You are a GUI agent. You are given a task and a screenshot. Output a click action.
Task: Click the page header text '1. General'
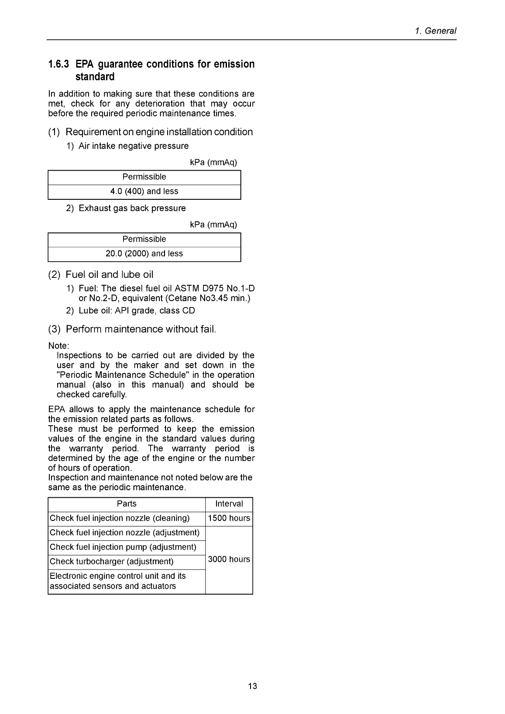click(435, 31)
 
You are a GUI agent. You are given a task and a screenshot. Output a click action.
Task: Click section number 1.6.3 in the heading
click(58, 65)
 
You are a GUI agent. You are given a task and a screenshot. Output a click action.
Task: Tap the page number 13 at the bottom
click(252, 686)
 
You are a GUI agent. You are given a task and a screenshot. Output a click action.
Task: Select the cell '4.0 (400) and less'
click(144, 191)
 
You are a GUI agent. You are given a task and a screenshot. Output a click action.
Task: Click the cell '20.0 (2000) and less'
click(144, 254)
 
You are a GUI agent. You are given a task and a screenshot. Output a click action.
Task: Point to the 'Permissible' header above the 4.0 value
click(144, 177)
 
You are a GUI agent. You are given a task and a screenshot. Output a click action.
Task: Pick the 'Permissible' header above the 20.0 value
click(144, 239)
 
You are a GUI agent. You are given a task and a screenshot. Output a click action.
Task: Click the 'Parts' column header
click(127, 504)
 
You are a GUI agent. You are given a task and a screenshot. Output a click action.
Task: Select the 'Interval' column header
click(229, 504)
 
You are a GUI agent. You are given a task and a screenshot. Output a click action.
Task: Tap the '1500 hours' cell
click(229, 519)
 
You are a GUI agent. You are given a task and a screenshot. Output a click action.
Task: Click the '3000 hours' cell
click(229, 560)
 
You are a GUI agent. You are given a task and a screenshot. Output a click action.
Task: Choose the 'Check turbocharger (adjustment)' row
click(112, 562)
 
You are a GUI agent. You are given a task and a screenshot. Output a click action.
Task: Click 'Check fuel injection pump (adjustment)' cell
click(123, 547)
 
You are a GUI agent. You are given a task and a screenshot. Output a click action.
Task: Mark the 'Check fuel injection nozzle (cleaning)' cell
click(120, 519)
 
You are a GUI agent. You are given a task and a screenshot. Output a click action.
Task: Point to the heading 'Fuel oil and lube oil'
click(109, 275)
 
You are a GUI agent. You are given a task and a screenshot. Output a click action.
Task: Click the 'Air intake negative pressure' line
click(134, 146)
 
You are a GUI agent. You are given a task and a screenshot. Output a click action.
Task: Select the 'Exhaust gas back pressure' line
click(132, 208)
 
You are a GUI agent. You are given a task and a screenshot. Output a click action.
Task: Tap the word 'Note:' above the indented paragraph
click(58, 346)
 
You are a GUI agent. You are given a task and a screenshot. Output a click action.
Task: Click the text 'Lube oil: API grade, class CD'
click(137, 311)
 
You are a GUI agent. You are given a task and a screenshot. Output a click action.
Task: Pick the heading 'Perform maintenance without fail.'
click(141, 329)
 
